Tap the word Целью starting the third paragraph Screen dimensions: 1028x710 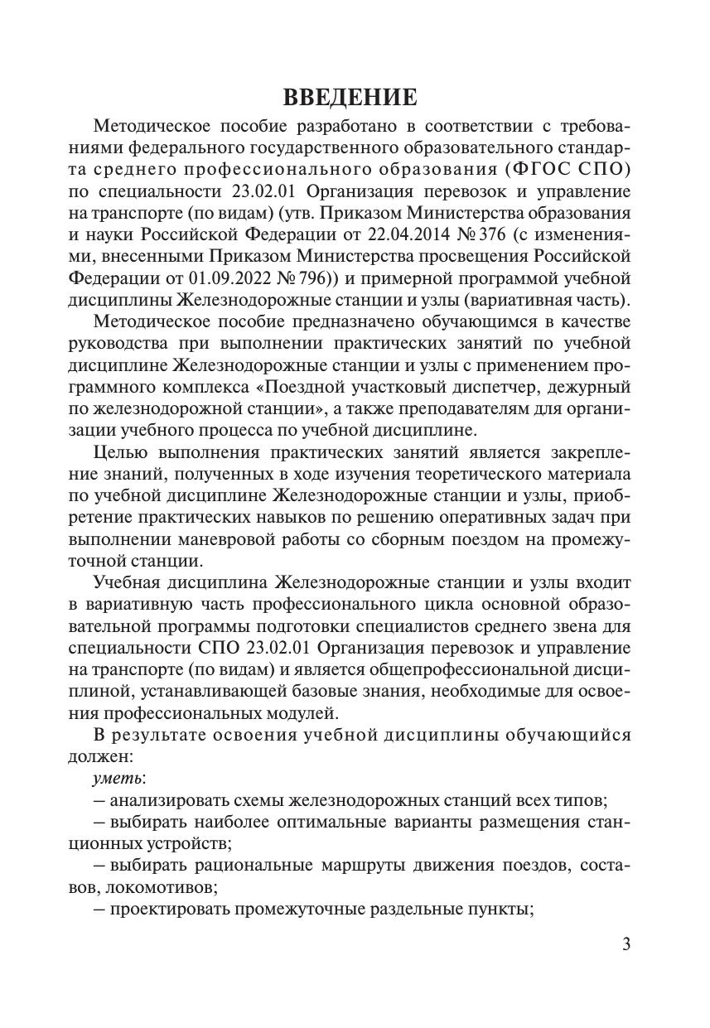tap(121, 452)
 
